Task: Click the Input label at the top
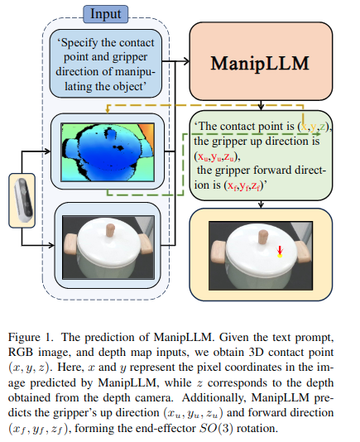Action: tap(105, 14)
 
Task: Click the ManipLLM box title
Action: tap(260, 63)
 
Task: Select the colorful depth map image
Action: tap(108, 152)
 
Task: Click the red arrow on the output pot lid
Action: tap(280, 249)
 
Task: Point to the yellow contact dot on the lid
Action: tap(280, 256)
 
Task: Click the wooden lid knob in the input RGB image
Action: tap(110, 231)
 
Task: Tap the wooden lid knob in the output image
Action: tap(263, 238)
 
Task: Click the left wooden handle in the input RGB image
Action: tap(71, 243)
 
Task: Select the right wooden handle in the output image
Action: tap(301, 251)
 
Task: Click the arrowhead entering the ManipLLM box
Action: tap(187, 61)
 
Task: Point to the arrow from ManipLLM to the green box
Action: tap(261, 105)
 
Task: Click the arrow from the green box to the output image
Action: tap(261, 204)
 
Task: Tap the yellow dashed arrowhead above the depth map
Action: tap(108, 110)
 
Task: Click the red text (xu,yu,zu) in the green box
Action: tap(217, 156)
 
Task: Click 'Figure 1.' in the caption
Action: tap(31, 337)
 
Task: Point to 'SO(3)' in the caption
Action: tap(217, 428)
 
